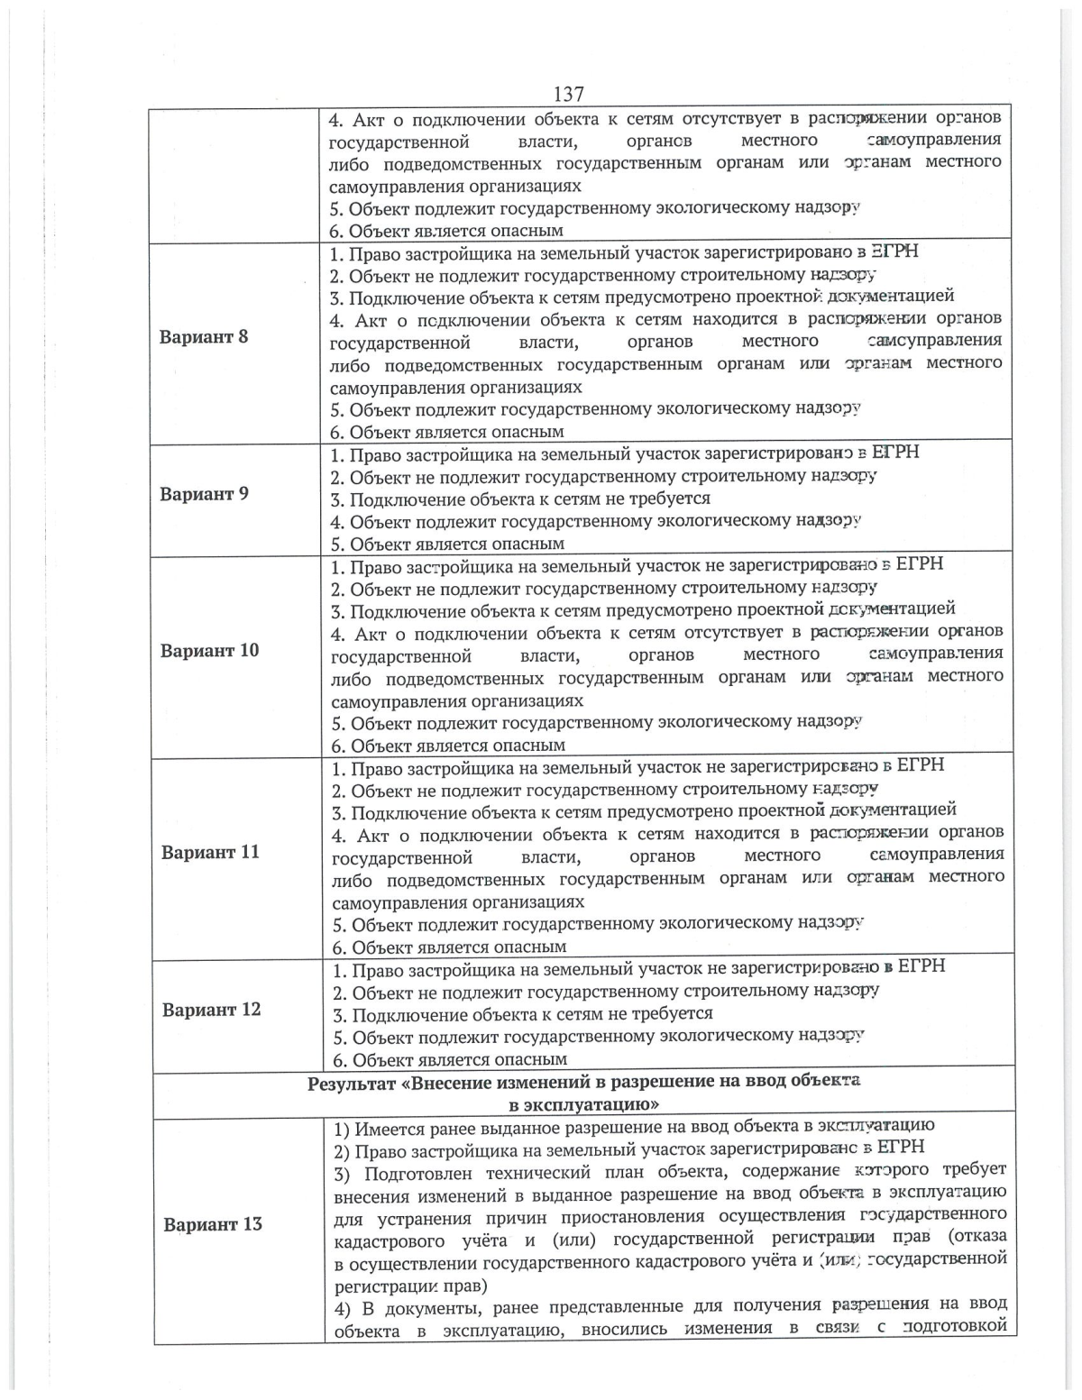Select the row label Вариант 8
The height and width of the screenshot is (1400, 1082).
[x=204, y=337]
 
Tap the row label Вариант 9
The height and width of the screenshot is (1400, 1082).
[x=204, y=494]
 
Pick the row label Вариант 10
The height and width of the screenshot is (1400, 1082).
[x=209, y=651]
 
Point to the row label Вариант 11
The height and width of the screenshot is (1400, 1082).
[x=210, y=852]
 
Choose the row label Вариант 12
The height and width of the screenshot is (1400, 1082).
[x=211, y=1010]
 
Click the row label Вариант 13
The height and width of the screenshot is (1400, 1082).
[x=213, y=1224]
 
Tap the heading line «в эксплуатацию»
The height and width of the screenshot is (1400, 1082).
[x=583, y=1104]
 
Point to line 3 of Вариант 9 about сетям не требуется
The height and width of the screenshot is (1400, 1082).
[x=520, y=499]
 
